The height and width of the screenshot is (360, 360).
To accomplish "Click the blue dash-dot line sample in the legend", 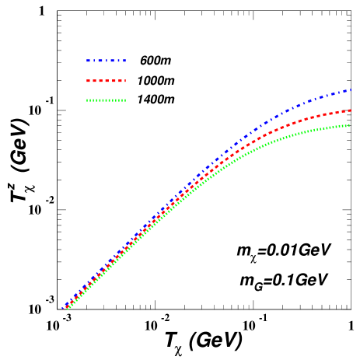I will [x=106, y=61].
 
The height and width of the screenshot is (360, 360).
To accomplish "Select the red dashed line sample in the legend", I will [x=106, y=81].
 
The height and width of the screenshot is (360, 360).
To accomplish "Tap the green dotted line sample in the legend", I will [x=106, y=100].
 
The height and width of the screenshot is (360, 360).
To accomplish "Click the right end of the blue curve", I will [x=351, y=90].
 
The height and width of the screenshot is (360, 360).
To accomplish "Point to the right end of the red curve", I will [x=351, y=110].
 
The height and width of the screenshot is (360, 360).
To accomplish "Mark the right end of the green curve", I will [x=349, y=125].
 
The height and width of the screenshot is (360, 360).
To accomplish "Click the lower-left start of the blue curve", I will [x=64, y=309].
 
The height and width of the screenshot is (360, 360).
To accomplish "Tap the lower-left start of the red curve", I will [x=66, y=309].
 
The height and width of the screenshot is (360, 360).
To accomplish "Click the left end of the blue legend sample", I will [x=87, y=61].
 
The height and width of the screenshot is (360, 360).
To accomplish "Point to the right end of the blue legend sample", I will [x=124, y=61].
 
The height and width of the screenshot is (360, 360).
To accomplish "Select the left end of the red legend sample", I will [x=87, y=81].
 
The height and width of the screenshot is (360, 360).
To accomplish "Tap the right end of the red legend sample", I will [x=124, y=81].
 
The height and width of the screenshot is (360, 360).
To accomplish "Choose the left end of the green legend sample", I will [x=87, y=100].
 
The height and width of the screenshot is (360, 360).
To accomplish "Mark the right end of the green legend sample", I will [x=124, y=100].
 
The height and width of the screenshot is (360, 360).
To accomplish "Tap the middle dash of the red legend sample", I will [x=106, y=81].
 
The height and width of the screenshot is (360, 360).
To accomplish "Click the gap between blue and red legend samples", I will [x=106, y=71].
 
